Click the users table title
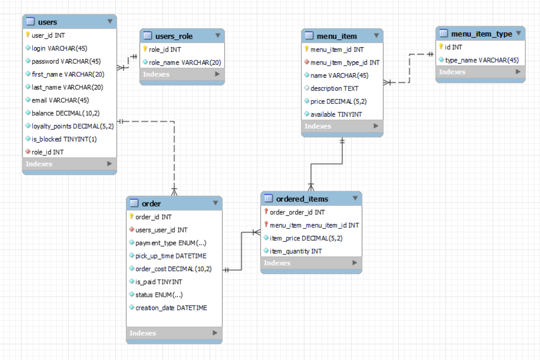[47, 22]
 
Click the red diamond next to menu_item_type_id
[307, 62]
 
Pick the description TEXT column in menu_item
[334, 88]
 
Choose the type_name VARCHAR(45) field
[482, 60]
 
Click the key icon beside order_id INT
[132, 217]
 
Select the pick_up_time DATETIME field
[171, 256]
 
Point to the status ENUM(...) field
[159, 295]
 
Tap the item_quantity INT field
[296, 251]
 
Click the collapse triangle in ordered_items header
[355, 199]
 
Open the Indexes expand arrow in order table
[215, 333]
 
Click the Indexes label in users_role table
[156, 74]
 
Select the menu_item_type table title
[481, 33]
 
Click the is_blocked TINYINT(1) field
[64, 139]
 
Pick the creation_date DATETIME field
[171, 308]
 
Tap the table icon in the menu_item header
[309, 36]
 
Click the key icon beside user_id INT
[28, 35]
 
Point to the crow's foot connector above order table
[174, 191]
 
